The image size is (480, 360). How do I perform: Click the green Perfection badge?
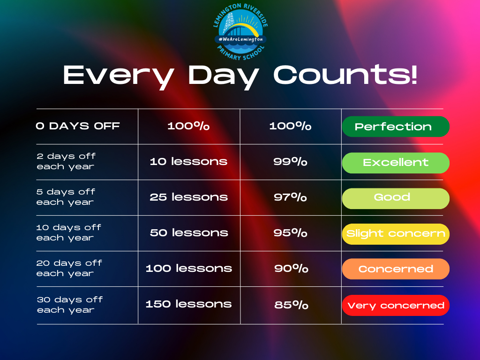[396, 127]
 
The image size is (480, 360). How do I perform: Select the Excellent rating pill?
[396, 163]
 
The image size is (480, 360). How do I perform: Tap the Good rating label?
[396, 198]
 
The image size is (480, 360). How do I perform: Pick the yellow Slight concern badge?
[396, 234]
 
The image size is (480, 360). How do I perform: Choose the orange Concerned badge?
[396, 269]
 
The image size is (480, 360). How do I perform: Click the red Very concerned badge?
[396, 305]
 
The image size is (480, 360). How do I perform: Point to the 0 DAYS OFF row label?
[78, 126]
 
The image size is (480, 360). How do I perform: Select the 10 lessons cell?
[188, 161]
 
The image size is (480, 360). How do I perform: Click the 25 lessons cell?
[188, 197]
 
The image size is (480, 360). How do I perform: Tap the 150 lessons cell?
[188, 304]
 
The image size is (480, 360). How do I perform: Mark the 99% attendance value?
[290, 161]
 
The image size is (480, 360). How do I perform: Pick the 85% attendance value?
[291, 305]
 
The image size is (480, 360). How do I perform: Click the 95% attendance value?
[290, 232]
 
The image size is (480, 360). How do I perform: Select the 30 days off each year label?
[70, 305]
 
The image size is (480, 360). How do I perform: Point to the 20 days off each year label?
[69, 268]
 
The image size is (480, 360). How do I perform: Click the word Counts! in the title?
[345, 75]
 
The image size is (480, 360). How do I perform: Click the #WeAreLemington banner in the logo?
[240, 39]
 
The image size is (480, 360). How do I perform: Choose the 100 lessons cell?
[188, 268]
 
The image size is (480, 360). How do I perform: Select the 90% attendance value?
[291, 269]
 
